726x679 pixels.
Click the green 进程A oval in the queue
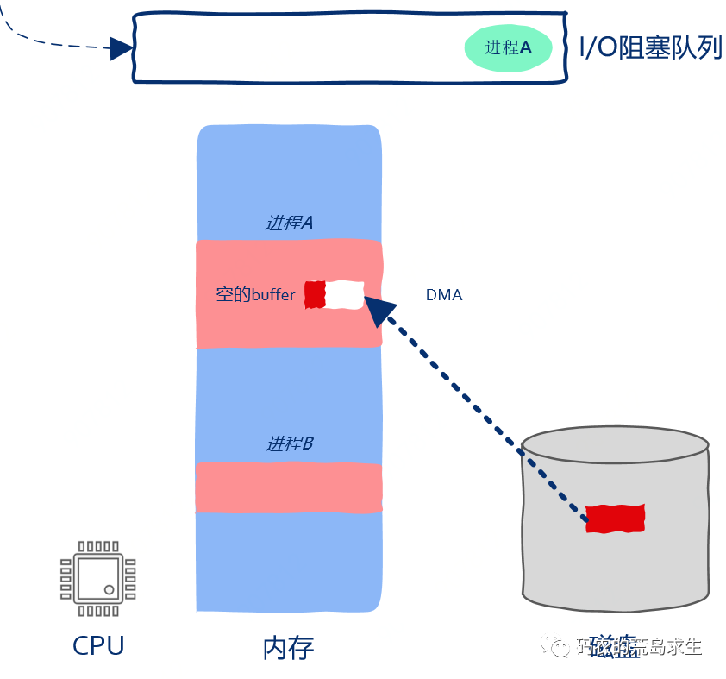click(499, 48)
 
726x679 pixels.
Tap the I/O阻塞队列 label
click(651, 47)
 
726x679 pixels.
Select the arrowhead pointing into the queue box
click(122, 48)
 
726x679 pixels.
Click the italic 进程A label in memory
click(289, 223)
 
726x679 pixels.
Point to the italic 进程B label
click(289, 443)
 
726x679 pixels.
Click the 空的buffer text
click(255, 295)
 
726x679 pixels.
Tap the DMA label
click(444, 295)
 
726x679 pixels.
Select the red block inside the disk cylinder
click(615, 518)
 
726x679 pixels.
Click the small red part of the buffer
click(315, 294)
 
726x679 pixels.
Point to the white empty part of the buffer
click(345, 294)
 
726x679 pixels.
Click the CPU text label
click(98, 645)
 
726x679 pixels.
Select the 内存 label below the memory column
click(288, 648)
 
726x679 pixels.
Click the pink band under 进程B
click(289, 487)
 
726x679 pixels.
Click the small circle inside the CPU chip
click(110, 590)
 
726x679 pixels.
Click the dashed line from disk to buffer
click(483, 414)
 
